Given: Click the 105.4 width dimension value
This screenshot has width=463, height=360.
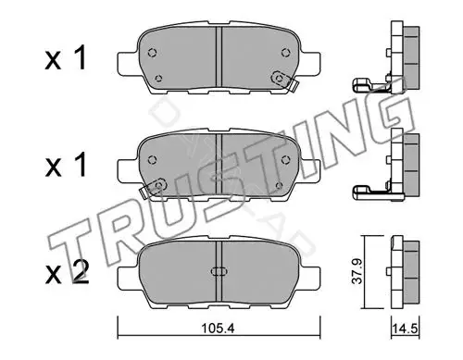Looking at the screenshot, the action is point(218,329).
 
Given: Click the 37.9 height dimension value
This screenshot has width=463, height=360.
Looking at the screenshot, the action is point(357,271).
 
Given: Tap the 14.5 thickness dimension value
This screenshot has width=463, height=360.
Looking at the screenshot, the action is point(405,329).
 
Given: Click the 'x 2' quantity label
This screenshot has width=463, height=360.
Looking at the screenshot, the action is point(67,272).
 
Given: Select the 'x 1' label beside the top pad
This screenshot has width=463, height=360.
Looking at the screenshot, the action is point(66,58).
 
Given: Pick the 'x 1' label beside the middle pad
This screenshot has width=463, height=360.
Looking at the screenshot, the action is point(66,166).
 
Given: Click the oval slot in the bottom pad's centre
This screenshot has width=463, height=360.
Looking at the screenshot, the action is point(219,271).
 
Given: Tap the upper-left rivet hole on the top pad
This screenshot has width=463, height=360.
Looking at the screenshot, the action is point(152,53).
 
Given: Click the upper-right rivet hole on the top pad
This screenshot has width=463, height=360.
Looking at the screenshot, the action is point(285,53).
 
